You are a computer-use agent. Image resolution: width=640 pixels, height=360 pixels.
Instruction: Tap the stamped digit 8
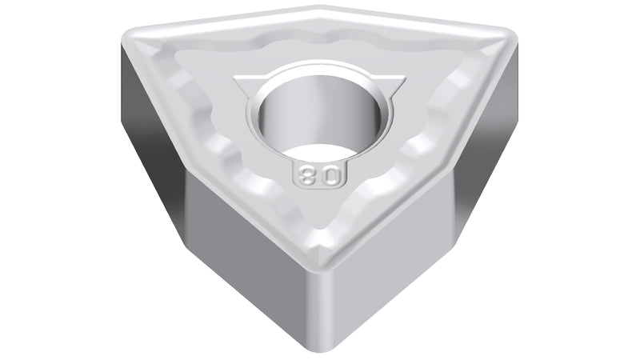point(307,176)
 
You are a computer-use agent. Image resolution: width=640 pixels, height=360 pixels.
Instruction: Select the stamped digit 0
point(332,176)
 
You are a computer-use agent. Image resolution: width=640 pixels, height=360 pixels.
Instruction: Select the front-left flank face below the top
point(249,262)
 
